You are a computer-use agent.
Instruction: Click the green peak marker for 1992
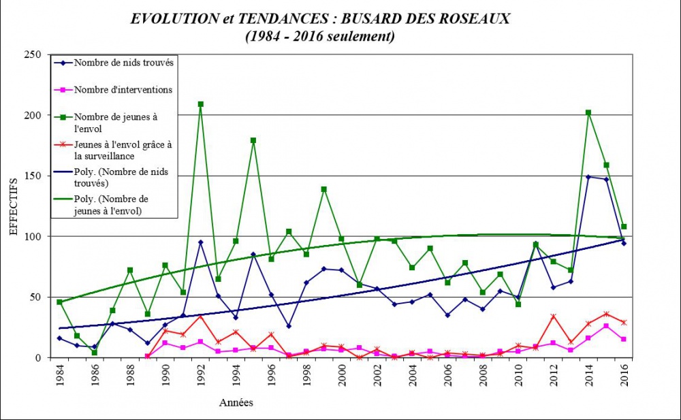point(200,104)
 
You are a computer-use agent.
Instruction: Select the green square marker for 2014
point(588,113)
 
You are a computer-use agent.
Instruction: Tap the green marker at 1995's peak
point(253,140)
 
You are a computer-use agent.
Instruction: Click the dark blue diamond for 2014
point(588,177)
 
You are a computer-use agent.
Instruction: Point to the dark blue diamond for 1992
point(200,242)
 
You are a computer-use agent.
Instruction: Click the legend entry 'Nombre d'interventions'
point(114,89)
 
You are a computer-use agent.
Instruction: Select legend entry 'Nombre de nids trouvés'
point(114,63)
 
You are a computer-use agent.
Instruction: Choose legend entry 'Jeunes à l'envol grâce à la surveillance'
point(113,149)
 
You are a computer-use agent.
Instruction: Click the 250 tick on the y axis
point(33,54)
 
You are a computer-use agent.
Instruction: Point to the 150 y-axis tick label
point(33,176)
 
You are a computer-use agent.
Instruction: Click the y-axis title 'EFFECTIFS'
point(14,206)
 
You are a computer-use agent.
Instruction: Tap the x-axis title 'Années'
point(236,402)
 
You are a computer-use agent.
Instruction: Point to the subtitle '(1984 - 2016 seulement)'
point(319,36)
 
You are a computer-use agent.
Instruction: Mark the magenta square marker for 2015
point(606,326)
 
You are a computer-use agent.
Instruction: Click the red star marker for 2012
point(553,317)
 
